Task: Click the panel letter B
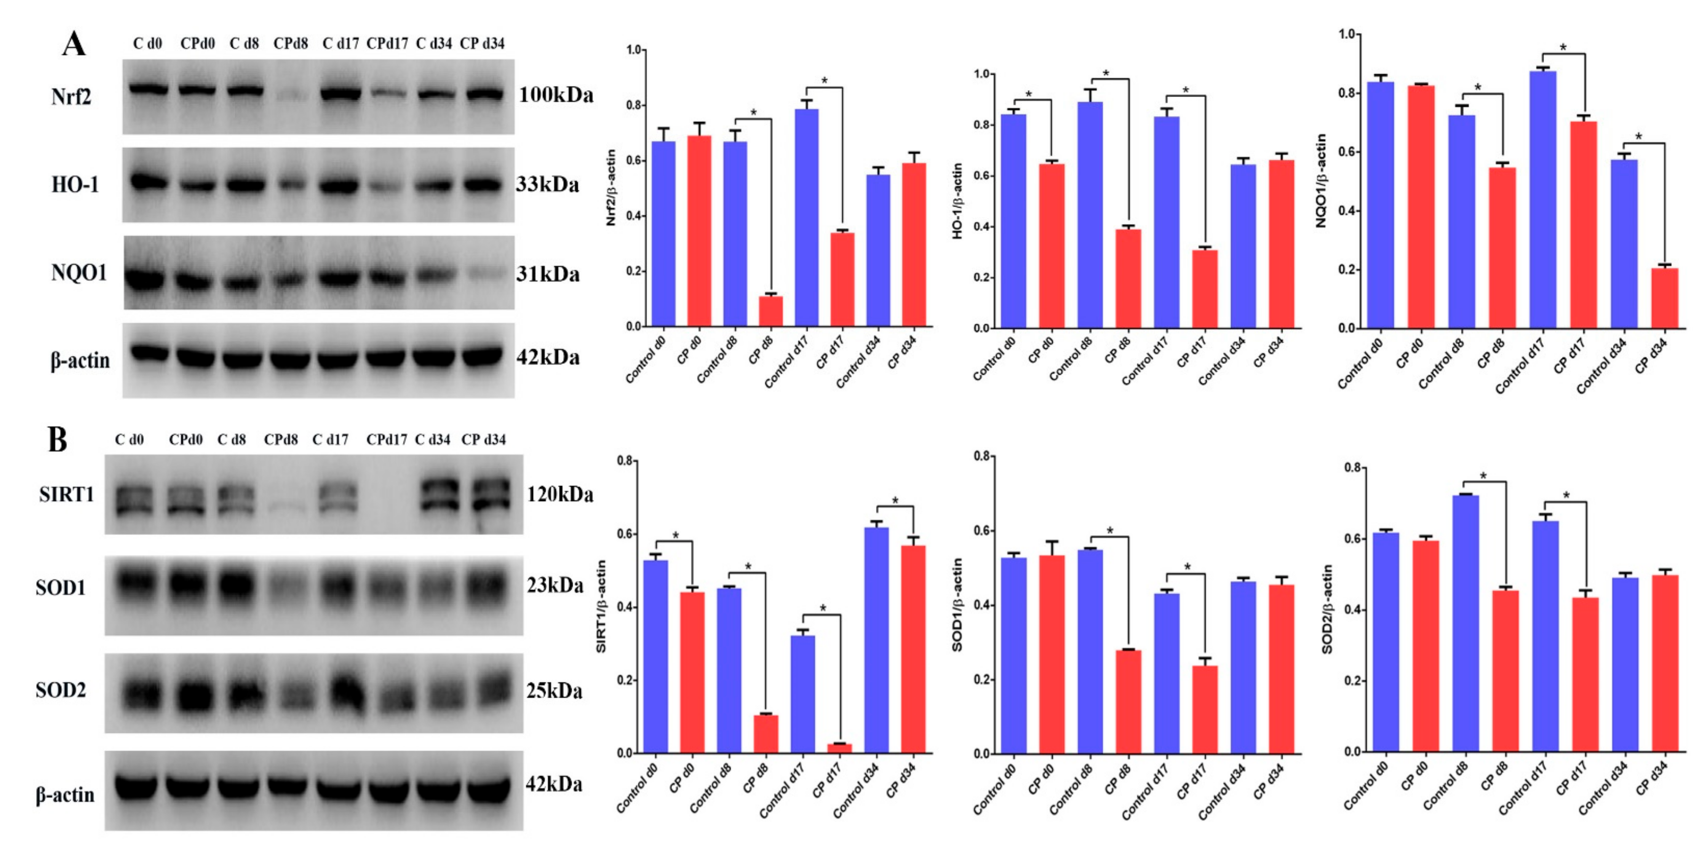pyautogui.click(x=58, y=439)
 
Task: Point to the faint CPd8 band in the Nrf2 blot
pyautogui.click(x=292, y=96)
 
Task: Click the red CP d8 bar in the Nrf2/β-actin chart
pyautogui.click(x=771, y=311)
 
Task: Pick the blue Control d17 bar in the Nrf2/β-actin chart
pyautogui.click(x=806, y=219)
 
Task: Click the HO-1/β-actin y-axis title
pyautogui.click(x=957, y=202)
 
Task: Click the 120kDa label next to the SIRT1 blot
pyautogui.click(x=559, y=495)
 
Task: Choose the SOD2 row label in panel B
pyautogui.click(x=61, y=690)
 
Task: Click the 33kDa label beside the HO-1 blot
pyautogui.click(x=547, y=184)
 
